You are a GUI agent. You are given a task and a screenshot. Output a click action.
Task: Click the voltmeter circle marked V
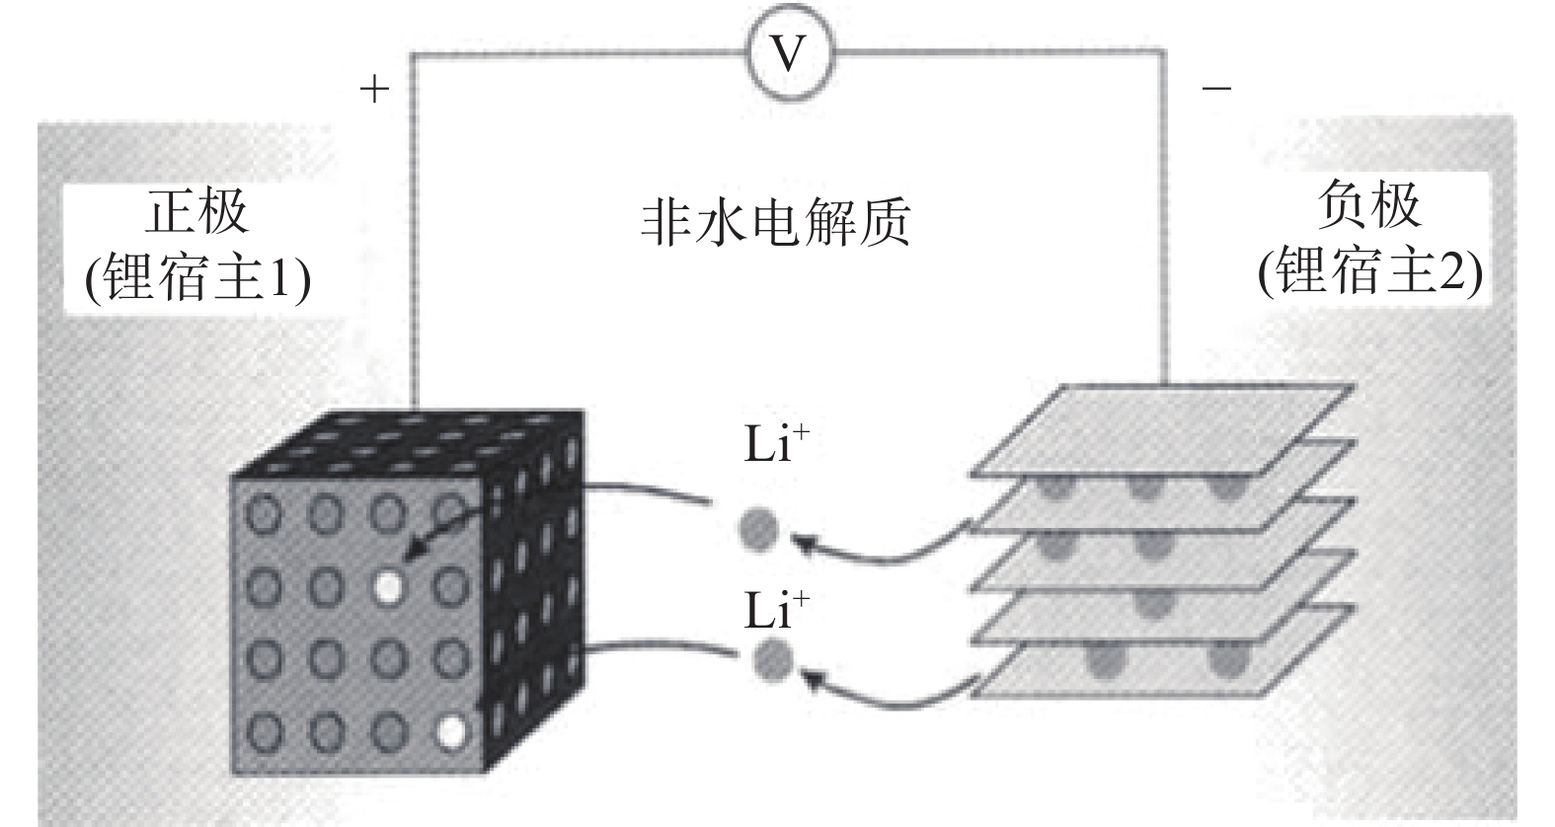click(788, 52)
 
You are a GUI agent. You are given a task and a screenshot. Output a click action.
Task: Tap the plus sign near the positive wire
click(374, 90)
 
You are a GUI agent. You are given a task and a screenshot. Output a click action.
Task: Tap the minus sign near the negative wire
click(1216, 89)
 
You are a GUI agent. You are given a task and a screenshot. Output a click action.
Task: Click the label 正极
click(197, 211)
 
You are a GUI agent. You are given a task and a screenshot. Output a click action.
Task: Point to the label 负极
click(1368, 205)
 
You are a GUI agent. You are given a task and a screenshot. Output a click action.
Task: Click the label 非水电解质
click(775, 222)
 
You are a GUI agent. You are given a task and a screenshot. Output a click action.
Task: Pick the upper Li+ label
click(775, 446)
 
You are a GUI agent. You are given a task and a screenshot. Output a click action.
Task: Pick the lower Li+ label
click(775, 611)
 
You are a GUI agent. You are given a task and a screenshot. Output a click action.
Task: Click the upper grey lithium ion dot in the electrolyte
click(758, 530)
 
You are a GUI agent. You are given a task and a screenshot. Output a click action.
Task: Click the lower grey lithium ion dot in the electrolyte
click(771, 659)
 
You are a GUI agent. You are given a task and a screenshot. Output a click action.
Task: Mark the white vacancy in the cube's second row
click(389, 587)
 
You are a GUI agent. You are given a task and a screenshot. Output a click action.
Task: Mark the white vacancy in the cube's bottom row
click(451, 732)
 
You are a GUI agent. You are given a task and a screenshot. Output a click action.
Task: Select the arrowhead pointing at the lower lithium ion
click(813, 677)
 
